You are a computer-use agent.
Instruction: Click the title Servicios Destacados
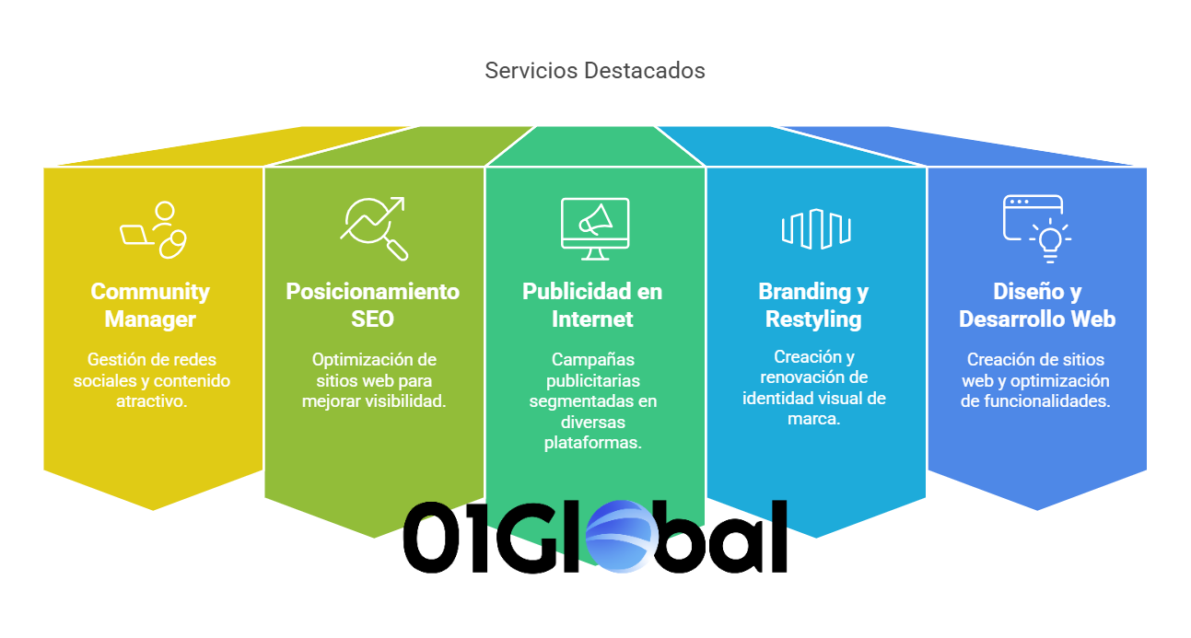click(x=595, y=71)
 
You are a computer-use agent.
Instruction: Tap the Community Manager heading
click(x=150, y=306)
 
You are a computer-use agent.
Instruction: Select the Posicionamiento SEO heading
click(x=373, y=306)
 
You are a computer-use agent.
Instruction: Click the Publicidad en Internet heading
click(x=592, y=306)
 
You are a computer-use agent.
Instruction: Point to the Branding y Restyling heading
click(x=813, y=306)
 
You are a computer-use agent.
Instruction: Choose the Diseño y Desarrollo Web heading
click(x=1037, y=306)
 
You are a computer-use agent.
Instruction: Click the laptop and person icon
click(x=153, y=229)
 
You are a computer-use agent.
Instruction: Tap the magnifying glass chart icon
click(x=374, y=228)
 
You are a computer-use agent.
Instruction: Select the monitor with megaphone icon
click(x=595, y=229)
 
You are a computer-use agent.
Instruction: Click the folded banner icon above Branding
click(x=816, y=229)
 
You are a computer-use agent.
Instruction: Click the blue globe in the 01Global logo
click(x=621, y=537)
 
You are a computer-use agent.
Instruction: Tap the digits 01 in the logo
click(x=446, y=538)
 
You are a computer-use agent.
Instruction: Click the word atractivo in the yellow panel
click(x=152, y=401)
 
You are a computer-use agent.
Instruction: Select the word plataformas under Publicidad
click(x=593, y=443)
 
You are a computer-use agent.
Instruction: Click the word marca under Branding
click(x=814, y=419)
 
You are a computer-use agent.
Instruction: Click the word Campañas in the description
click(x=593, y=360)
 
